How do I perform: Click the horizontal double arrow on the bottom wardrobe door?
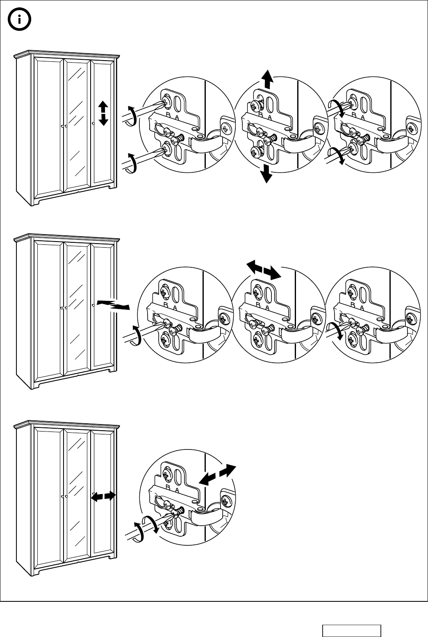tap(103, 496)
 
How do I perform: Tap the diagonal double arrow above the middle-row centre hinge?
tap(264, 269)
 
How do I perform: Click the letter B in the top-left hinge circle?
tap(168, 114)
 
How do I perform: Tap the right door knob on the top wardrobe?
tap(94, 123)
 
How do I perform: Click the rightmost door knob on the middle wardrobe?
tap(94, 305)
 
